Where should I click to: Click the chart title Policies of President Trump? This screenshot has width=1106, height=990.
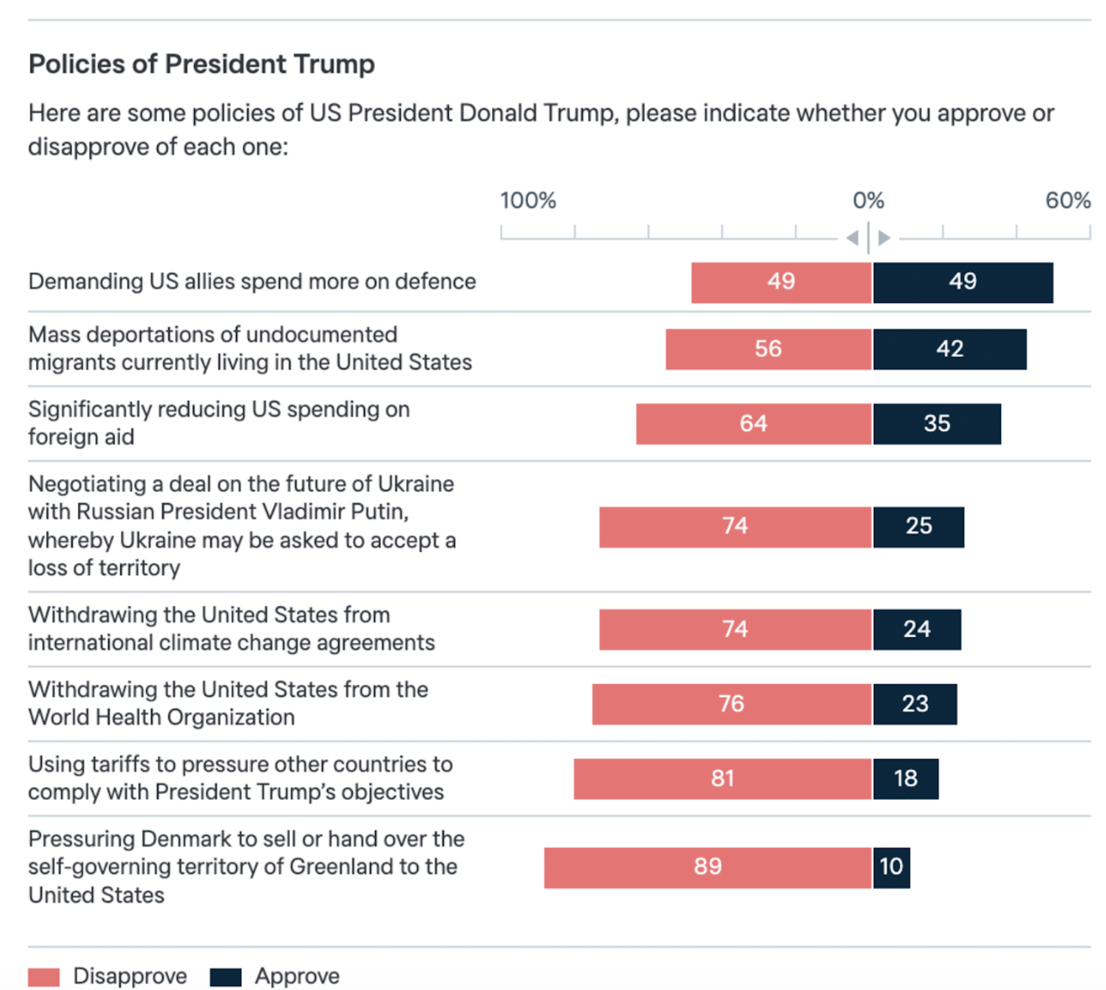[x=202, y=64]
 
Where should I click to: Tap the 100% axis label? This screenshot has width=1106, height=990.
[x=528, y=201]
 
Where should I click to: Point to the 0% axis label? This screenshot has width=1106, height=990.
[x=868, y=201]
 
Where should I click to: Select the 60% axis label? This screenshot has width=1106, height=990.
[x=1067, y=201]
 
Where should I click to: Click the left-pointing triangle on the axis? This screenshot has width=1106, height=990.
[x=853, y=237]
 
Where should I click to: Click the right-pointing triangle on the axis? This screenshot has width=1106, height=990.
[x=884, y=237]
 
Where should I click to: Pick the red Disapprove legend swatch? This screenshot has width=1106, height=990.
[x=44, y=977]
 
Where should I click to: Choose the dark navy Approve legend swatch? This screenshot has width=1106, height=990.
[x=225, y=977]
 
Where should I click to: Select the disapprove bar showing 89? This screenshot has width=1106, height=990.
[x=707, y=867]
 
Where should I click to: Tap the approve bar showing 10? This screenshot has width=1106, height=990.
[x=891, y=867]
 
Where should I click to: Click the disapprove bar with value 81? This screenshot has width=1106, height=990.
[x=722, y=779]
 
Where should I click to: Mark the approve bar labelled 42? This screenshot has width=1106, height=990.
[x=949, y=349]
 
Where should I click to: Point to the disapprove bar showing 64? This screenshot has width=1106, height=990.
[x=753, y=424]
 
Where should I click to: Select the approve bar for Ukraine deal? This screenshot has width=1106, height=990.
[x=918, y=527]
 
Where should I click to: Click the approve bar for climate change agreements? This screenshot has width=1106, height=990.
[x=916, y=629]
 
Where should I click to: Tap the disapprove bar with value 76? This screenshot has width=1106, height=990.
[x=732, y=704]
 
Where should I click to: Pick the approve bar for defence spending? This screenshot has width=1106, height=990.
[x=963, y=282]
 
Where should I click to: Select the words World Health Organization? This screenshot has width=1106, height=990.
[x=161, y=718]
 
